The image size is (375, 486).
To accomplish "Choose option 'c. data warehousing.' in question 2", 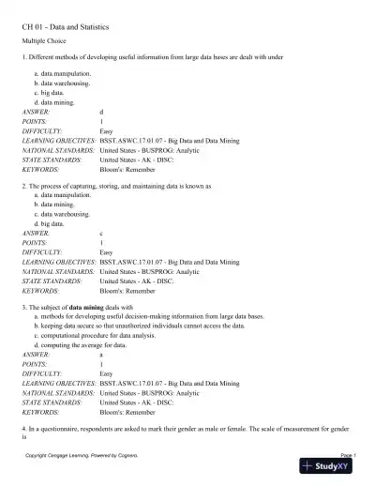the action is point(65,214).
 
